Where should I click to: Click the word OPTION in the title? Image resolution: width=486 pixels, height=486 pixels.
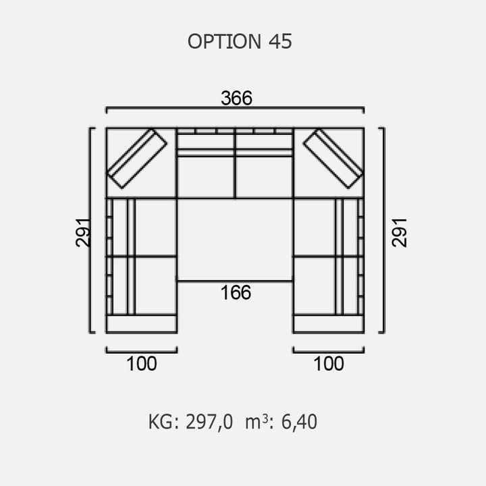click(224, 41)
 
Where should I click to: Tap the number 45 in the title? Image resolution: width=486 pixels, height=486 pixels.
click(280, 41)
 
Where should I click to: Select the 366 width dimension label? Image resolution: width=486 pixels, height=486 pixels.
click(236, 98)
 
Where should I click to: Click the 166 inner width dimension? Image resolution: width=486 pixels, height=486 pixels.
click(236, 292)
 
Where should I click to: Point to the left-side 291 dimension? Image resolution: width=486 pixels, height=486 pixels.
click(83, 232)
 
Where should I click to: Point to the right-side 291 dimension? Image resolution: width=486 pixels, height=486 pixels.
click(399, 232)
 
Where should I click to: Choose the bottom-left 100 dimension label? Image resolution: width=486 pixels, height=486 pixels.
click(142, 364)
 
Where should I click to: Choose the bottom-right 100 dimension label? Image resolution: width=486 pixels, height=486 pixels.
click(329, 364)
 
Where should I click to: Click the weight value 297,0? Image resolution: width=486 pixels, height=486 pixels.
click(209, 422)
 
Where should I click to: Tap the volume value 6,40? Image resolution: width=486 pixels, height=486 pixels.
click(299, 422)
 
